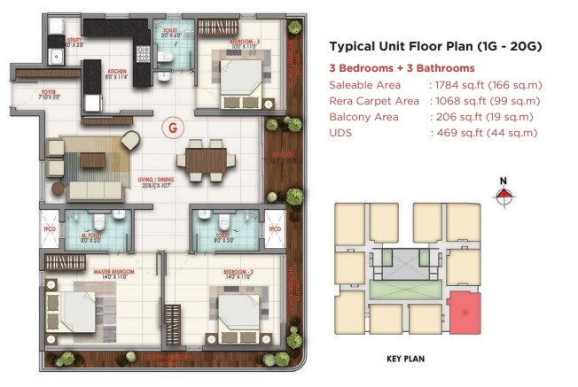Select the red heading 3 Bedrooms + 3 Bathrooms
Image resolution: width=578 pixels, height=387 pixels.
[x=402, y=68]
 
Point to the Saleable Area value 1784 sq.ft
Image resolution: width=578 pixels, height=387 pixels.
[x=485, y=86]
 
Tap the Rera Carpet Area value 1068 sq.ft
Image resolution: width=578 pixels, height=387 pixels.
[x=485, y=102]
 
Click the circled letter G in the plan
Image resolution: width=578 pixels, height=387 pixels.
[x=172, y=128]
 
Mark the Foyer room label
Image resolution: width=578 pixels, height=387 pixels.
[x=29, y=92]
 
